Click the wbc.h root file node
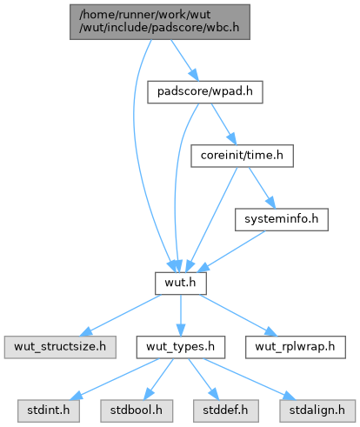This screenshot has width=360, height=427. tap(160, 22)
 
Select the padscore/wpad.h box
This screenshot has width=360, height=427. tap(205, 92)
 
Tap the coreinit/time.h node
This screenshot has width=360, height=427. tap(242, 156)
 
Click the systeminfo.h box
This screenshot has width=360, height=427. tap(282, 219)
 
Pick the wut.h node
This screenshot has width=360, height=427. tap(181, 284)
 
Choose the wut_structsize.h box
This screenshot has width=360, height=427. tap(60, 347)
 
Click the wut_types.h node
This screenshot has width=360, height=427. tap(181, 347)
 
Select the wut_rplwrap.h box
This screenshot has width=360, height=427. tap(296, 347)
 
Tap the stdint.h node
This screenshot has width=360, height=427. tap(49, 410)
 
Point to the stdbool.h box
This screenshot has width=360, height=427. tap(137, 410)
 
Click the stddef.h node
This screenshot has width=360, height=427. tap(225, 410)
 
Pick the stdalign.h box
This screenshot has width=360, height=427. tap(317, 410)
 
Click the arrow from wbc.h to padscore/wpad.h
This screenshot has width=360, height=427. tap(184, 60)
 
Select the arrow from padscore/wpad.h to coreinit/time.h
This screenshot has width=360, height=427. tap(223, 124)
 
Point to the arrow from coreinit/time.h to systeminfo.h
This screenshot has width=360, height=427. tap(262, 188)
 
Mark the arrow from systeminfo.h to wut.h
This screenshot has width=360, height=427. tap(231, 251)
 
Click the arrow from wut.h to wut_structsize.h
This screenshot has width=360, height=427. tap(120, 315)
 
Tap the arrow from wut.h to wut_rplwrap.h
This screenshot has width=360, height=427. tap(238, 315)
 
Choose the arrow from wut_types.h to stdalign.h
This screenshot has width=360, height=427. tap(250, 379)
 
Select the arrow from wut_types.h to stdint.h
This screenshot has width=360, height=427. tap(115, 379)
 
